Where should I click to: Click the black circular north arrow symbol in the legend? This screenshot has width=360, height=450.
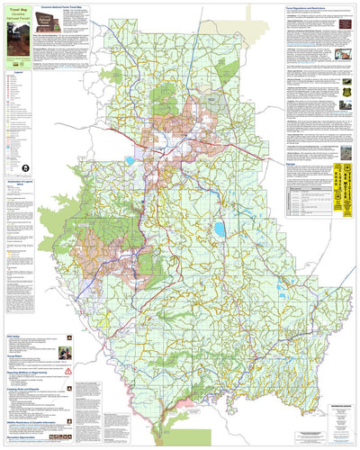[x=26, y=167]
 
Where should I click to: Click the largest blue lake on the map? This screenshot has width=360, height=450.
[x=219, y=229]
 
